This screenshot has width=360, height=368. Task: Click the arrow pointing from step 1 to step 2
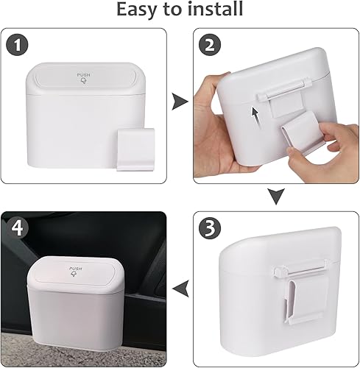coord(178,103)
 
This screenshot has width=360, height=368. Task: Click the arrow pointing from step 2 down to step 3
coord(275,197)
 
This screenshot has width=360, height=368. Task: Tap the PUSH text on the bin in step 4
coord(74,270)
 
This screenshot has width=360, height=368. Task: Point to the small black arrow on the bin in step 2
coord(255,115)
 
